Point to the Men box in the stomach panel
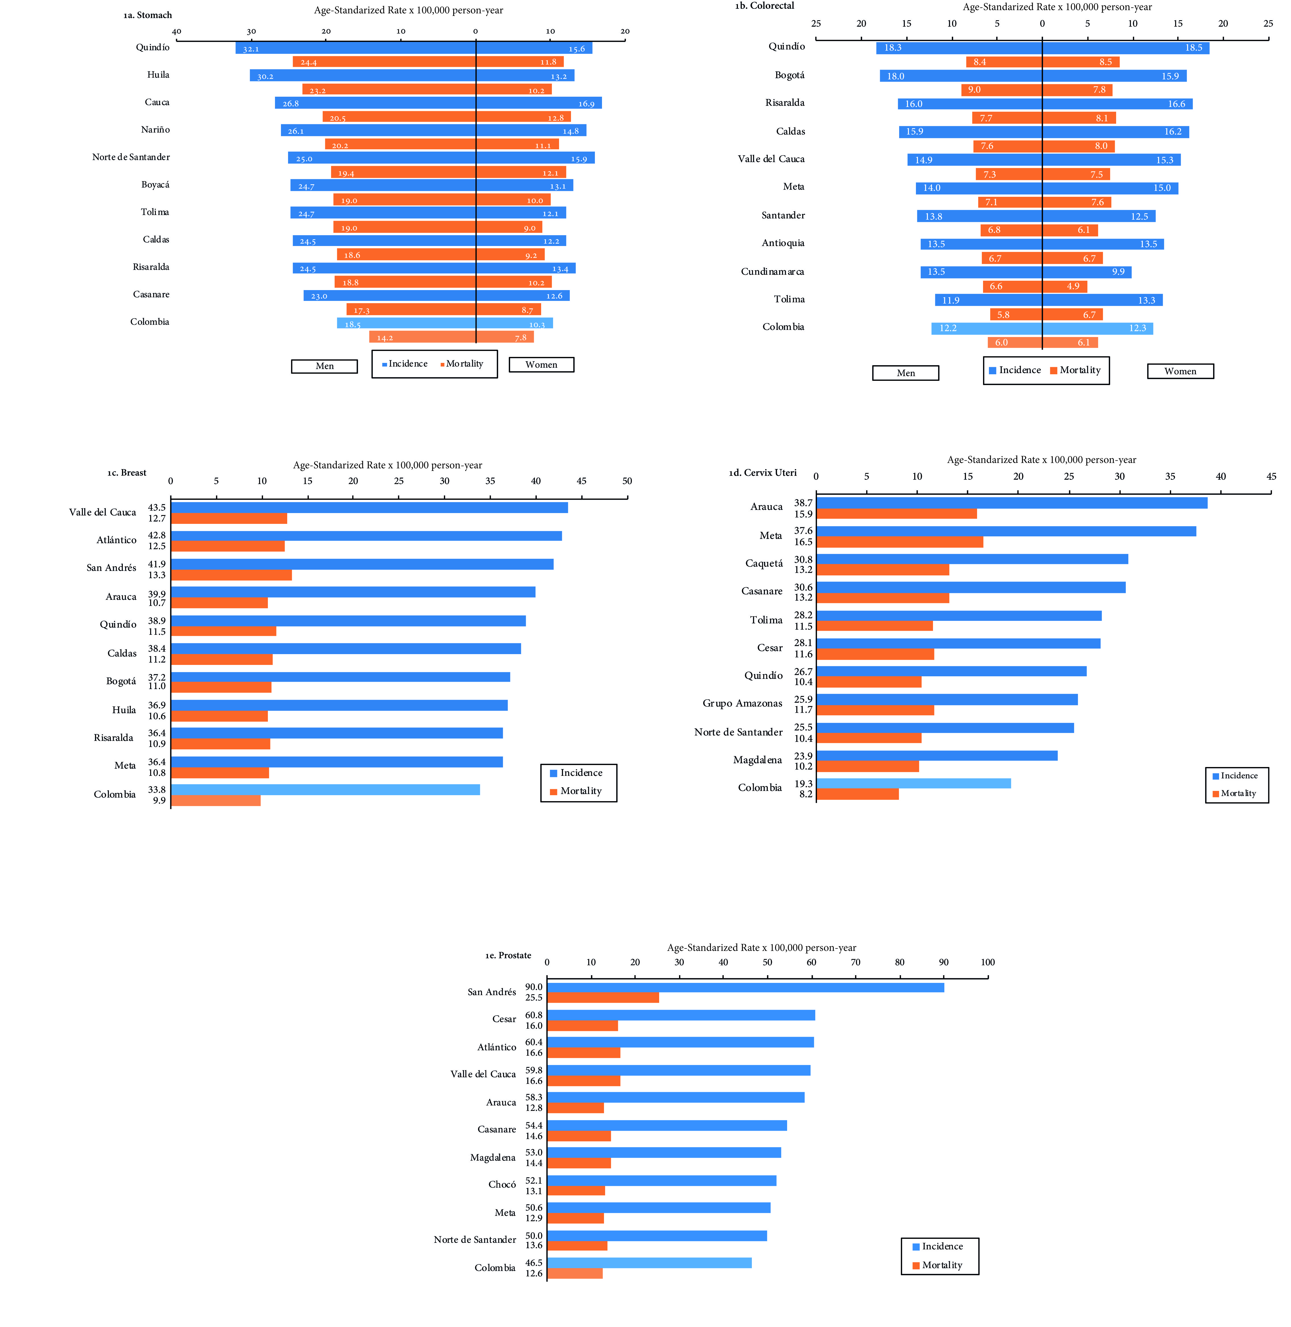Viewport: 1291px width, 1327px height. coord(324,366)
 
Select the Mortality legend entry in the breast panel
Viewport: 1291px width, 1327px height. coord(580,791)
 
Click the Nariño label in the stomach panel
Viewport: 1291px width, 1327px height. coord(155,129)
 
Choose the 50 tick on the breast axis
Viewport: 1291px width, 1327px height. coord(626,481)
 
